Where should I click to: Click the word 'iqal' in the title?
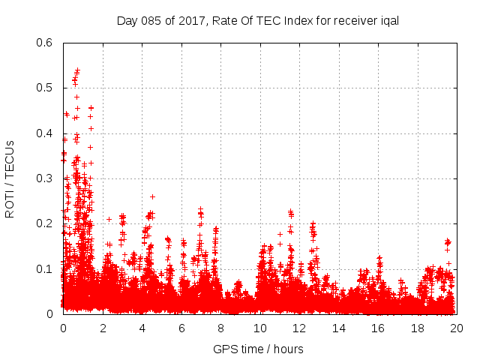(388, 20)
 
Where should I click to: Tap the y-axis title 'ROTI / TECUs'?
(10, 178)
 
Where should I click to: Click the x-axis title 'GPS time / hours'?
(259, 349)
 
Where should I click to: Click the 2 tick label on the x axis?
(103, 328)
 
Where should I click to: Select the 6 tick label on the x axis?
(181, 328)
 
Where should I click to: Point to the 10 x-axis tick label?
(260, 328)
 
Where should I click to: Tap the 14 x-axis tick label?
(339, 328)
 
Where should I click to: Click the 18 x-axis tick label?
(418, 328)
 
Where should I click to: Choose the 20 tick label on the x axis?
(457, 328)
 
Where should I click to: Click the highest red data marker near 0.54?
(77, 70)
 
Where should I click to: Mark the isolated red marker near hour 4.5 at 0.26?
(152, 196)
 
